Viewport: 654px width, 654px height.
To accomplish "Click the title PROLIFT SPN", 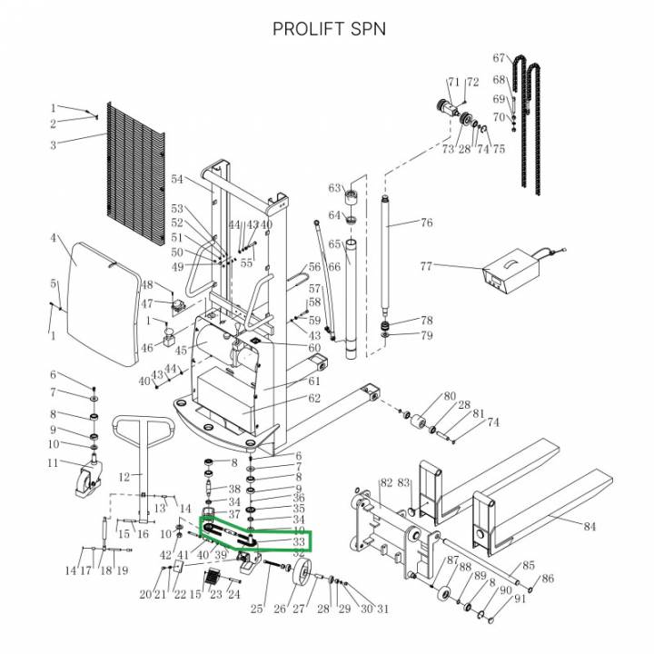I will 329,28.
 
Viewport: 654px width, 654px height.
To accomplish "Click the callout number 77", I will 426,266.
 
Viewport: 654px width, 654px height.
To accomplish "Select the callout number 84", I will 590,525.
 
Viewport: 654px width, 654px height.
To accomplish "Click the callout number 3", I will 54,145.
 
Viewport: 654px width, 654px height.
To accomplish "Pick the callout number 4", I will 54,239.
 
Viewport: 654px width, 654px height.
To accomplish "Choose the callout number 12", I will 124,475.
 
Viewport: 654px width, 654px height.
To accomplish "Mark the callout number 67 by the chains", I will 499,59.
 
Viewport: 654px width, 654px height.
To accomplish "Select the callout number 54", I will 177,179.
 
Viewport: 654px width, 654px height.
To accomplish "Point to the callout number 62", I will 314,399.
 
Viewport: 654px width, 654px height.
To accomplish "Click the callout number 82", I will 385,483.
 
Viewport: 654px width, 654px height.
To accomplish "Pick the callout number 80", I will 449,396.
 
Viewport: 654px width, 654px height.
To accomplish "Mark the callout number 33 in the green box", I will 298,542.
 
